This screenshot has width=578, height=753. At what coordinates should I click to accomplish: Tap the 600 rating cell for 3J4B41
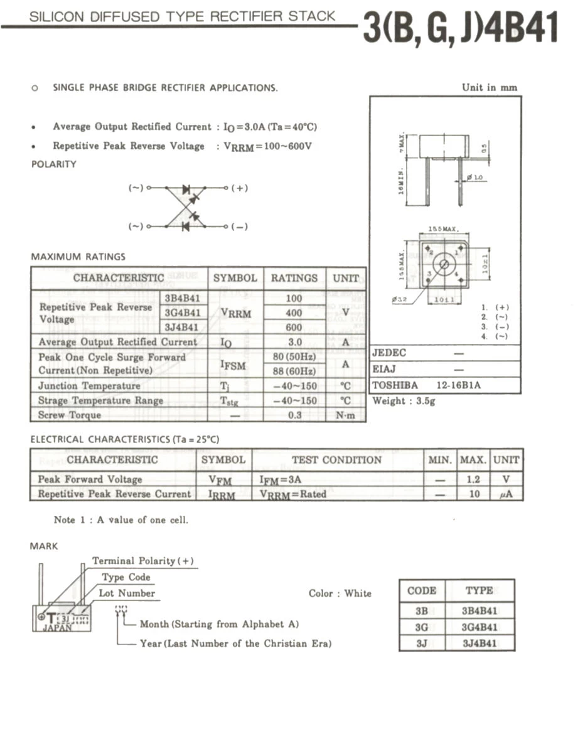[294, 327]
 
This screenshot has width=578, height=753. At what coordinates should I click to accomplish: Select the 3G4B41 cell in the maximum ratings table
[183, 312]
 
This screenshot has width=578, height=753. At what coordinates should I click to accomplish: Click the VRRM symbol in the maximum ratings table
[235, 312]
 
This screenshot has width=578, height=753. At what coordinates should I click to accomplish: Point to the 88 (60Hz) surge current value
[294, 371]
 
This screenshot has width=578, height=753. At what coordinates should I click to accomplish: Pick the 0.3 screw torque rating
[294, 415]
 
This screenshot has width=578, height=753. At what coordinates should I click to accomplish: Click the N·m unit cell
[346, 415]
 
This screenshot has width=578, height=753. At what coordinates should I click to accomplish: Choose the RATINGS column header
[294, 278]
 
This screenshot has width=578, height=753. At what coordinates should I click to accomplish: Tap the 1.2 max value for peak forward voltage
[474, 479]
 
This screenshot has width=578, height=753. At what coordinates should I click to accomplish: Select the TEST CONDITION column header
[337, 460]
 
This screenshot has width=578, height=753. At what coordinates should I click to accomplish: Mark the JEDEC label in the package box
[389, 353]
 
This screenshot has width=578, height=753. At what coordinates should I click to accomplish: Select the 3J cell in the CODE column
[421, 643]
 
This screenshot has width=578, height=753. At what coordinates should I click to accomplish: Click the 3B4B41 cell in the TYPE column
[479, 611]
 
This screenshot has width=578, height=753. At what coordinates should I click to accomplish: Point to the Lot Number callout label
[127, 593]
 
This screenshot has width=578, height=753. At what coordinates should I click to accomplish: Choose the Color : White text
[340, 593]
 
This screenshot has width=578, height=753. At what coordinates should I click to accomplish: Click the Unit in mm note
[490, 87]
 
